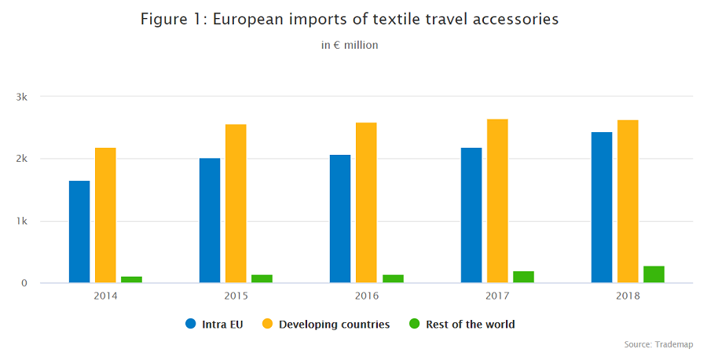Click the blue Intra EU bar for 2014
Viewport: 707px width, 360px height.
79,232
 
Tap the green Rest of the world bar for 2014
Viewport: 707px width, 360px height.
131,279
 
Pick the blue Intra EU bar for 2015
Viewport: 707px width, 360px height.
210,220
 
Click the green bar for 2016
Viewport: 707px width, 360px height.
392,278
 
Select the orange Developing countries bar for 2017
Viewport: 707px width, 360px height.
497,200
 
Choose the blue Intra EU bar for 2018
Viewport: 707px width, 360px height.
602,208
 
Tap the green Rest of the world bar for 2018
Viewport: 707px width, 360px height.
654,274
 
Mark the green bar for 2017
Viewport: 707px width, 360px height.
523,277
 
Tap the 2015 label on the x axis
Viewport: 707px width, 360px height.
236,296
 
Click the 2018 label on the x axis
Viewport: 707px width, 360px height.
628,296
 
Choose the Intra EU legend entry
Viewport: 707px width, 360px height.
214,324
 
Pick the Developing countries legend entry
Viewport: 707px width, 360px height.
325,324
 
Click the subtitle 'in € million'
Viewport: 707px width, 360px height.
350,45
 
